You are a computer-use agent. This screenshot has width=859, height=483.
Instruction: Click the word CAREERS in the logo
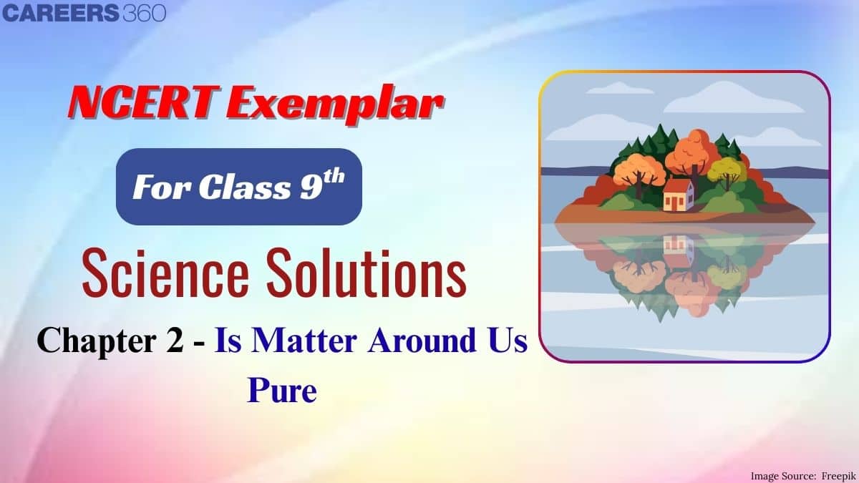click(61, 13)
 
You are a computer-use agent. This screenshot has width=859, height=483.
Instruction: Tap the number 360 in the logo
click(145, 13)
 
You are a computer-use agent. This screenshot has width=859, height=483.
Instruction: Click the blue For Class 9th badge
click(239, 187)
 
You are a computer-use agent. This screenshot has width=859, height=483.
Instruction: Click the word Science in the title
click(165, 272)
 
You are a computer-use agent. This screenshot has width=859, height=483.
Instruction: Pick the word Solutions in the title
click(367, 272)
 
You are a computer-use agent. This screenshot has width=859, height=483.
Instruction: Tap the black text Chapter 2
click(110, 341)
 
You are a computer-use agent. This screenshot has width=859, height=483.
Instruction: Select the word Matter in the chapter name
click(304, 341)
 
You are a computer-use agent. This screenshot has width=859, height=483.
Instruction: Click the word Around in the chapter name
click(422, 341)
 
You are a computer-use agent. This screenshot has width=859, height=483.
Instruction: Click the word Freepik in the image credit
click(838, 476)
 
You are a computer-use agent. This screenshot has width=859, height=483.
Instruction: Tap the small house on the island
click(679, 195)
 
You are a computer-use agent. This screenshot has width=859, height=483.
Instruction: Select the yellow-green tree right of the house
click(726, 171)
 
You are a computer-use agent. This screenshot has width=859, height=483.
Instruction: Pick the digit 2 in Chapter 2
click(175, 341)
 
